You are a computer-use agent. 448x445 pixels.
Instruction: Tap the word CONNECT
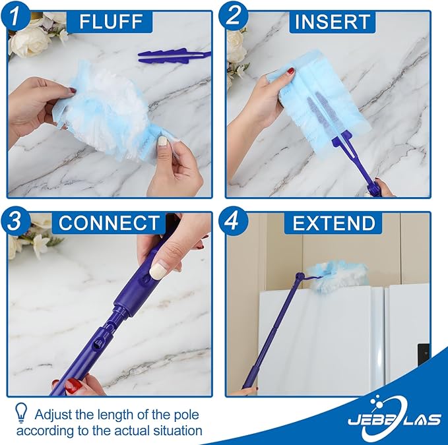(109, 223)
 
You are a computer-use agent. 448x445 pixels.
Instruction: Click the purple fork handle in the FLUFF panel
(174, 57)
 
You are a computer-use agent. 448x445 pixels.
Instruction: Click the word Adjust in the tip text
(53, 415)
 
